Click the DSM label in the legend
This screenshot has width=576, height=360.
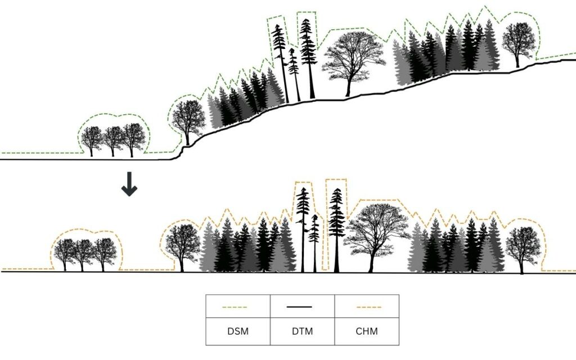point(237,332)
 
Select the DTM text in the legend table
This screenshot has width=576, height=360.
point(302,332)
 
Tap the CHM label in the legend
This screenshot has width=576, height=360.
point(367,332)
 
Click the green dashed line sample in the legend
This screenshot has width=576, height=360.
point(237,307)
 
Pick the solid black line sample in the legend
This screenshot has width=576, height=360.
point(302,307)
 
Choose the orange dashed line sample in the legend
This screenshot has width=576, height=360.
point(367,307)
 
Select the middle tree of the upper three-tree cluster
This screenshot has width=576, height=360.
point(113,139)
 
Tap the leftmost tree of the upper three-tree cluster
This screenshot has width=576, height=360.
point(92,139)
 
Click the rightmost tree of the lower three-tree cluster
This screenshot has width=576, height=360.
point(105,253)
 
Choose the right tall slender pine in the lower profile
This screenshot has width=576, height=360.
point(336,225)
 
